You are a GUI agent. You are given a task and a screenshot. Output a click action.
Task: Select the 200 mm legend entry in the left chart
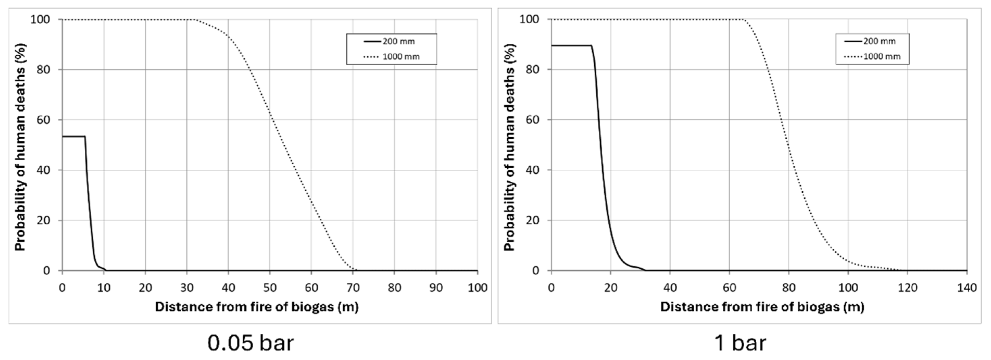point(398,41)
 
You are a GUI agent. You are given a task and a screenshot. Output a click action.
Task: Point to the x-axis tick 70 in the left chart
point(353,288)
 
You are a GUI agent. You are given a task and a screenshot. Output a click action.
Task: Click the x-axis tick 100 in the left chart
point(477,288)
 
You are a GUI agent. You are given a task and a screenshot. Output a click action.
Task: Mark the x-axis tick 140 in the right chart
point(966,288)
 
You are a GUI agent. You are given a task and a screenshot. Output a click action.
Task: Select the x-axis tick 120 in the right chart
point(907,288)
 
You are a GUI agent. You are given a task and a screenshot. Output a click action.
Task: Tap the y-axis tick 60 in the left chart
point(45,120)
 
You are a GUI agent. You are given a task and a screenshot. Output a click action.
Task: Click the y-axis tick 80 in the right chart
point(535,70)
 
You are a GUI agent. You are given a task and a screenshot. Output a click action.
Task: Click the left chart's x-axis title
point(257,307)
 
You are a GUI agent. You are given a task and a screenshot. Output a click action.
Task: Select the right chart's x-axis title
point(762,307)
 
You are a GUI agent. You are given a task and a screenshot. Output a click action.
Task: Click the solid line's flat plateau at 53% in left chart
point(73,137)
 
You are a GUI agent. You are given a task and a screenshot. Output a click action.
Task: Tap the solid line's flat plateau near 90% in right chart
point(571,46)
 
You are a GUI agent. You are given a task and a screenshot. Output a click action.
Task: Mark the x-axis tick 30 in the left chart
point(187,288)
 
